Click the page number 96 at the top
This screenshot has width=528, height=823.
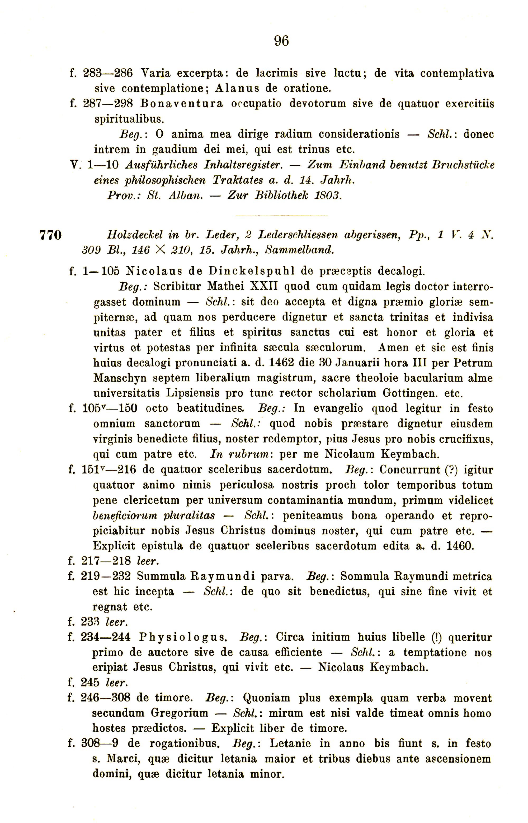click(x=281, y=41)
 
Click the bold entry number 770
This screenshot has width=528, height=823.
click(x=51, y=235)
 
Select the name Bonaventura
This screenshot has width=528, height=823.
click(x=181, y=103)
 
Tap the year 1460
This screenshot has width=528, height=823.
click(x=460, y=546)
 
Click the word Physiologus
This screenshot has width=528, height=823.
click(x=182, y=637)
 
